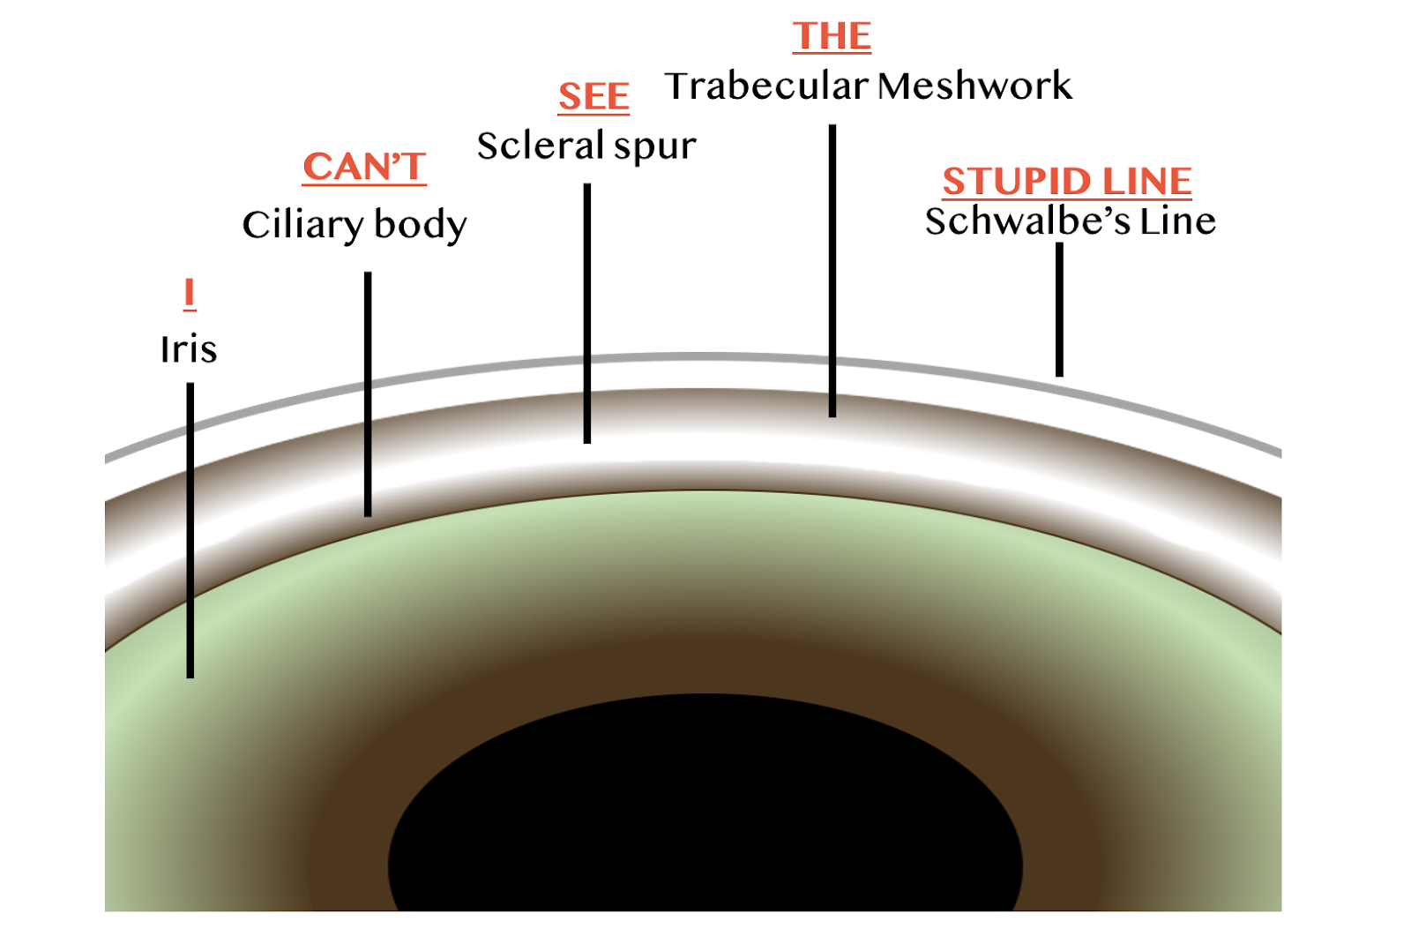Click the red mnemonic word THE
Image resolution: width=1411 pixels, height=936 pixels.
click(832, 36)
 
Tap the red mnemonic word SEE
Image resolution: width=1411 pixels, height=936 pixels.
click(594, 96)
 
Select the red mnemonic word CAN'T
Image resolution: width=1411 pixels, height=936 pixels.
click(364, 167)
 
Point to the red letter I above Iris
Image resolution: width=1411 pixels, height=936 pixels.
click(189, 293)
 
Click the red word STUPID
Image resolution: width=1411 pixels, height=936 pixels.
click(1017, 182)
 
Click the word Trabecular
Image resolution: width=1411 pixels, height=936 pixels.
click(766, 86)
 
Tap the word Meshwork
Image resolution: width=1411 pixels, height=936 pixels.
click(975, 86)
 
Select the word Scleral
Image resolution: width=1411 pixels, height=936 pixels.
click(541, 146)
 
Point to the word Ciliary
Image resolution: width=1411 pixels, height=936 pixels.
click(302, 226)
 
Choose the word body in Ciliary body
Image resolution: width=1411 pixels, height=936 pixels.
click(421, 225)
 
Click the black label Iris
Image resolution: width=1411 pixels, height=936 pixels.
click(188, 349)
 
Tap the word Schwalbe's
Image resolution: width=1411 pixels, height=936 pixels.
click(1027, 221)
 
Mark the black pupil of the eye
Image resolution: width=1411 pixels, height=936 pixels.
click(705, 812)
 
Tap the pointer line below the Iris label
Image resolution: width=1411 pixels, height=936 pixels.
click(190, 529)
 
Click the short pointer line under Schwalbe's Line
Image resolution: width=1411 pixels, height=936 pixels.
click(1059, 309)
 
